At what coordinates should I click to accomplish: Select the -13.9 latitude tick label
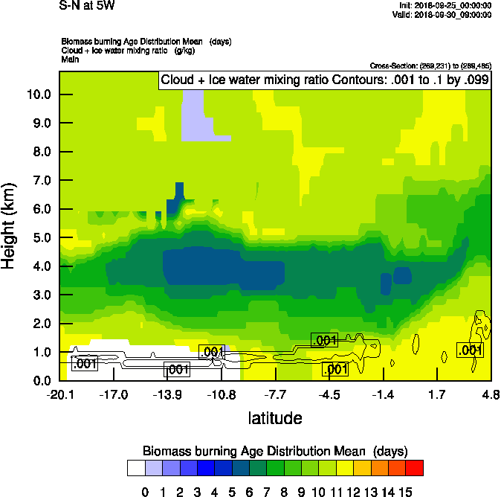(168, 394)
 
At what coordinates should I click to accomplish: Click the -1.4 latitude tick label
(383, 394)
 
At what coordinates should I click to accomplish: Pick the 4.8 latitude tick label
(491, 394)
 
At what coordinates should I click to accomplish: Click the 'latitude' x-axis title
(275, 418)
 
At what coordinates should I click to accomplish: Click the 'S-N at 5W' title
(87, 6)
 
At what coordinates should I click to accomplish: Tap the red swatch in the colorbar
(415, 467)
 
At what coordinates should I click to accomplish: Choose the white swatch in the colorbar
(136, 467)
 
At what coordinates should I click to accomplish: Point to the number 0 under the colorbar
(145, 491)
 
